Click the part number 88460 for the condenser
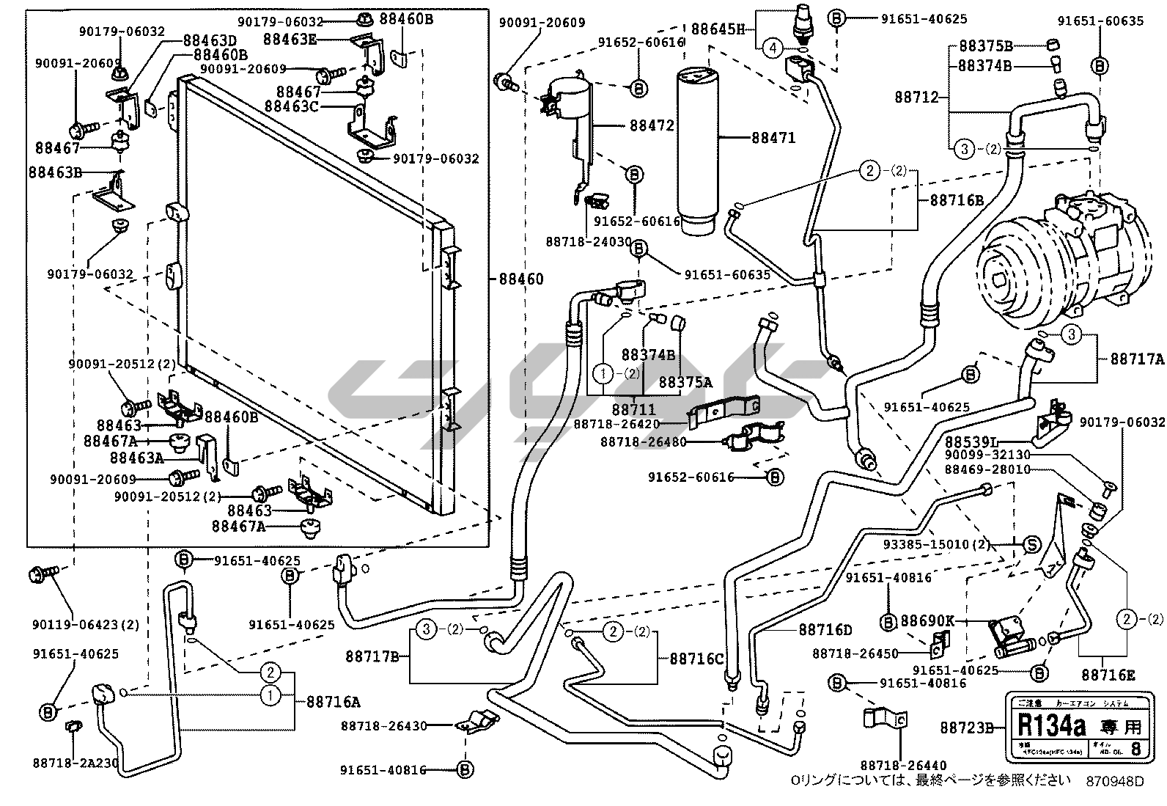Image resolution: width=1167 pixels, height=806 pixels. tap(521, 279)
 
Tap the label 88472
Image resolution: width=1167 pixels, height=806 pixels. tap(651, 126)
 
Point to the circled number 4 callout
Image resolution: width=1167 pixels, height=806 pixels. tap(772, 48)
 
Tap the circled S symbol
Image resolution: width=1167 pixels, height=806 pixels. tap(1031, 544)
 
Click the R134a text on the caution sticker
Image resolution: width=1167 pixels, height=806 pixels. tap(1050, 726)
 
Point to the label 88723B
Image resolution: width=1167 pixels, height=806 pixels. tap(967, 728)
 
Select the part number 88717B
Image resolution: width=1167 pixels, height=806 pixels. tap(372, 656)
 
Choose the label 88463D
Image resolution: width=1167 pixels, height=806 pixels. tap(210, 40)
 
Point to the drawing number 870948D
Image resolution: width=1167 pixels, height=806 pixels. tap(1114, 781)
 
